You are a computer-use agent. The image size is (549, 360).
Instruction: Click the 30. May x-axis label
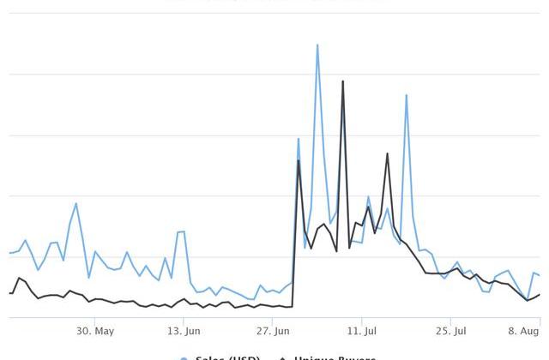(x=94, y=331)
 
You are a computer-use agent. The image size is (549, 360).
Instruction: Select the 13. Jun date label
(x=184, y=331)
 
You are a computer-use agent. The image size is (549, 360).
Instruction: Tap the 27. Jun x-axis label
(x=272, y=331)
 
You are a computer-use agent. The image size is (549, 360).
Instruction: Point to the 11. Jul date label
(x=362, y=331)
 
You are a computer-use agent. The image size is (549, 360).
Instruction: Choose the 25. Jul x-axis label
(x=450, y=331)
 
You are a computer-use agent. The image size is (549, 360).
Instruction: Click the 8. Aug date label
(x=524, y=331)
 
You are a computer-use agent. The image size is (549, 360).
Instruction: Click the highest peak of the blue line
(x=317, y=45)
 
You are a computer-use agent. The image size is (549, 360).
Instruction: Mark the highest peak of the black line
(x=343, y=81)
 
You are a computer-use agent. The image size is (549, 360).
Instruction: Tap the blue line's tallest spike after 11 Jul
(x=407, y=95)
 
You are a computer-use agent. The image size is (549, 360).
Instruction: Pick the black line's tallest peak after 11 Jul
(x=388, y=154)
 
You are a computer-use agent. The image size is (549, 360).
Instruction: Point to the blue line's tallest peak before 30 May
(x=76, y=203)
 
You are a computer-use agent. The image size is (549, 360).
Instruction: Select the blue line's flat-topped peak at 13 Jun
(x=181, y=231)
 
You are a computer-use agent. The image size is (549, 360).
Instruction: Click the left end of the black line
(x=9, y=293)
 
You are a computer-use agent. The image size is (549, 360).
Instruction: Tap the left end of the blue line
(x=9, y=253)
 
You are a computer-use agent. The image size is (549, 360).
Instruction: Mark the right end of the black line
(x=540, y=295)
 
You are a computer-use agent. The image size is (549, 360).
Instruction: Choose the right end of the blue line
(x=540, y=275)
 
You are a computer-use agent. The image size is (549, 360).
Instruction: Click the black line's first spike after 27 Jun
(x=299, y=160)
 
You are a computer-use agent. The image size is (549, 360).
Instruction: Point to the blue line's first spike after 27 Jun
(x=299, y=139)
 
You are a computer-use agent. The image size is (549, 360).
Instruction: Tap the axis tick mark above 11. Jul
(x=362, y=320)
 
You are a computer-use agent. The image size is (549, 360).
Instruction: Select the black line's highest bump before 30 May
(x=19, y=278)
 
